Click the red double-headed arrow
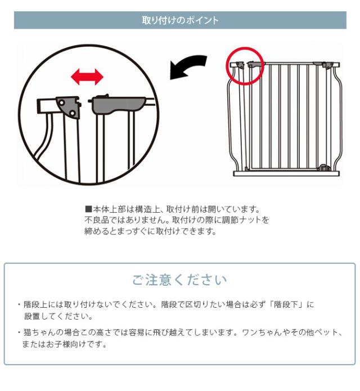[87, 77]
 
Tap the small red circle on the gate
[245, 65]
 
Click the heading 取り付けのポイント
[180, 21]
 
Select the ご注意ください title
[180, 280]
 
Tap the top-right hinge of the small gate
[325, 66]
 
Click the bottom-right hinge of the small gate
[324, 168]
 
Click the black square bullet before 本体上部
[88, 209]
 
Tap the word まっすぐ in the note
[126, 231]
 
